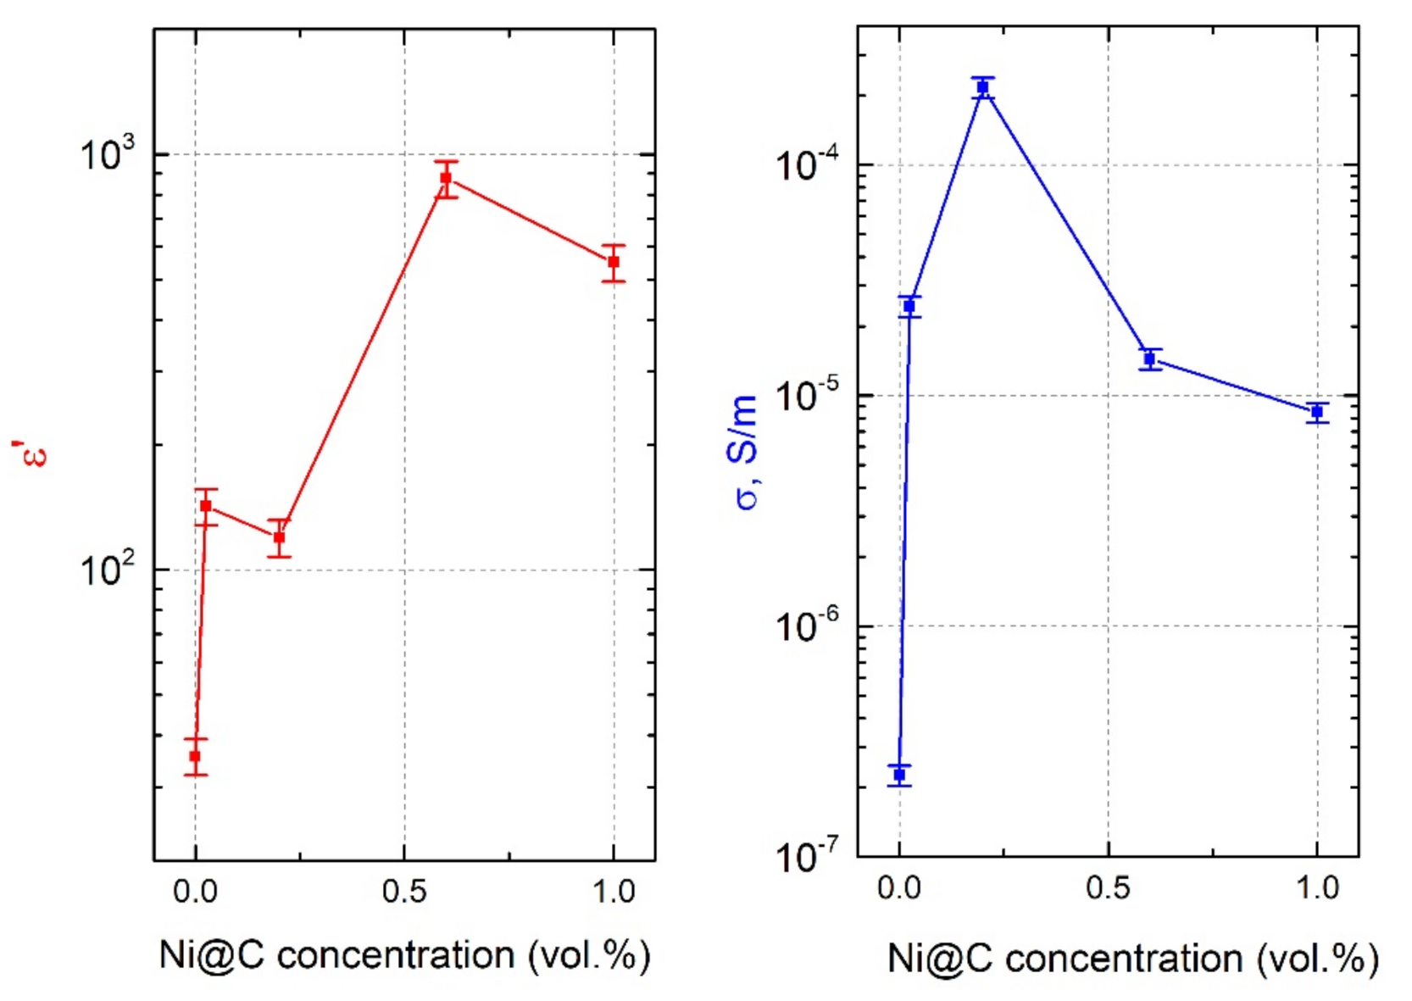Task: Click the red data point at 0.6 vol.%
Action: tap(446, 178)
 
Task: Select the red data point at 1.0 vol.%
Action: tap(614, 262)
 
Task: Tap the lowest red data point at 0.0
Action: tap(195, 756)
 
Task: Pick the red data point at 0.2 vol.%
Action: tap(279, 537)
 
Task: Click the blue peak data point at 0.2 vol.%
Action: tap(982, 87)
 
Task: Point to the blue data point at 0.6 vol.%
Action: tap(1149, 359)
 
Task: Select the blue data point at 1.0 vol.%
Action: tap(1316, 412)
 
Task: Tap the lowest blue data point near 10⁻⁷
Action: tap(899, 775)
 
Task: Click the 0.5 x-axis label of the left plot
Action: tap(404, 892)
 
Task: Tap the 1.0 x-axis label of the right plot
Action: tap(1316, 888)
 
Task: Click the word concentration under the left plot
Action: tap(396, 955)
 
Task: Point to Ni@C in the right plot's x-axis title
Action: tap(939, 959)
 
